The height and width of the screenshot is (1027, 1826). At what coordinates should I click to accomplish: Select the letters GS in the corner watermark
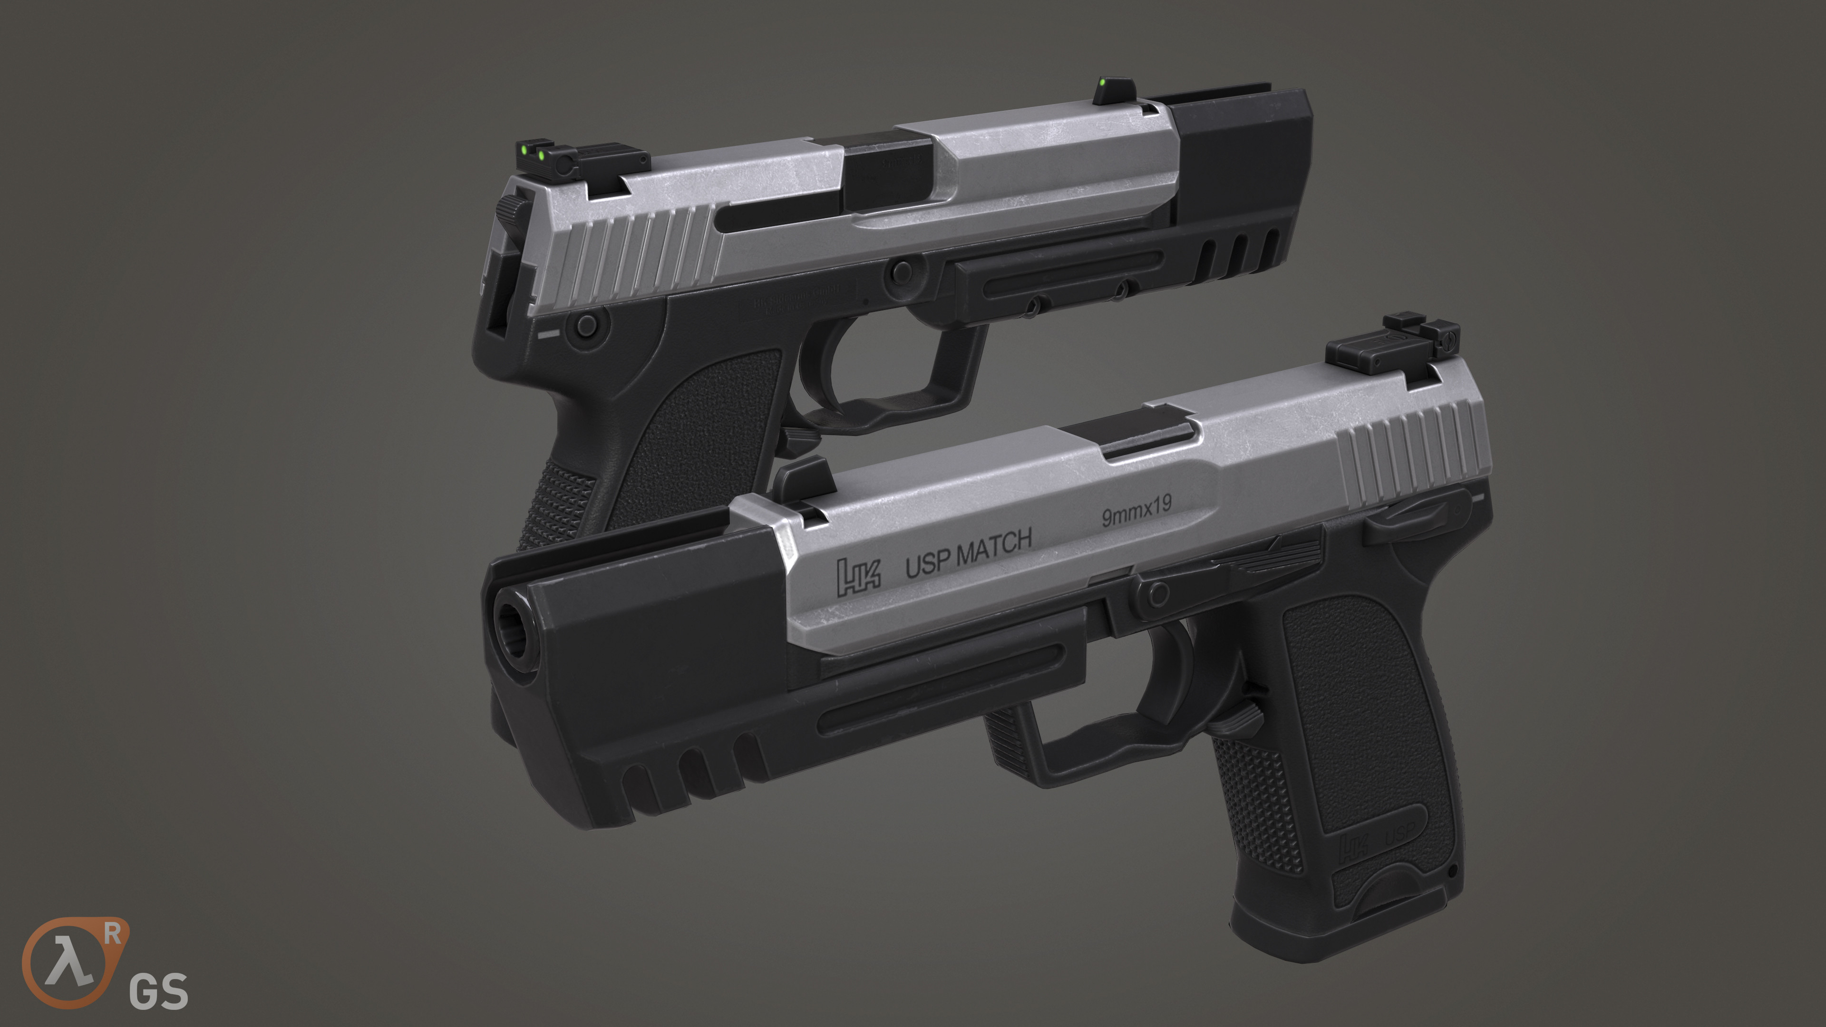pos(158,991)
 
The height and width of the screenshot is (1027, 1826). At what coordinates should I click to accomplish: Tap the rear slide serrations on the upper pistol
pos(638,252)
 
